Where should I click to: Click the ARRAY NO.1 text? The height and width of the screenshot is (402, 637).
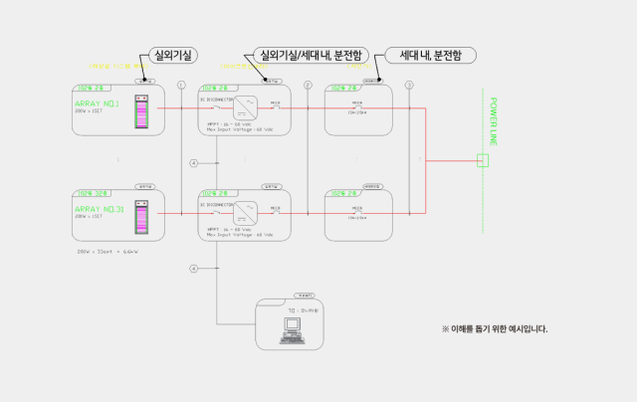click(x=98, y=103)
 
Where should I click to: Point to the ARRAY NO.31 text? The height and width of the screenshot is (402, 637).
click(x=99, y=209)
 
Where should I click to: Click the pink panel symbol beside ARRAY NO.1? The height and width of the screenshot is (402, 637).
click(x=141, y=111)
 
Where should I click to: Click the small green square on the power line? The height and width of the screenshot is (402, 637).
click(x=484, y=160)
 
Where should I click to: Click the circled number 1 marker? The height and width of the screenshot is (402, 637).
click(x=181, y=86)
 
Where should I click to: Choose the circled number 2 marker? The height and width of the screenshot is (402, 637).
click(x=308, y=86)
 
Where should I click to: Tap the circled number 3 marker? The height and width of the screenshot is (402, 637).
click(x=409, y=86)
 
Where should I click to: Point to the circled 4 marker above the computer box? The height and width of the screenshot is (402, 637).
click(x=194, y=268)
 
